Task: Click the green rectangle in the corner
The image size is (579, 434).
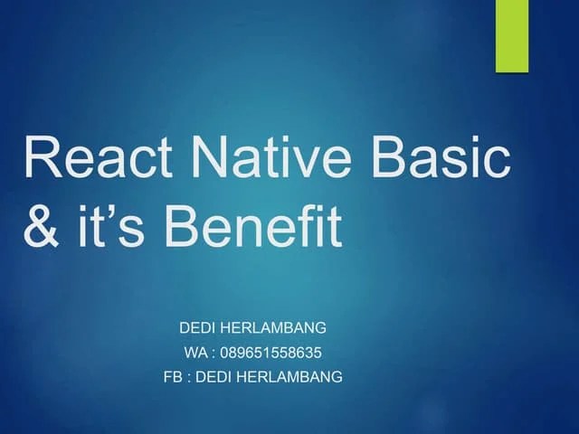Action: [x=511, y=35]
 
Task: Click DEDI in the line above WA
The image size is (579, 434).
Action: [x=198, y=326]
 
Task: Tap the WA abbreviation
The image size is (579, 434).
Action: [x=196, y=352]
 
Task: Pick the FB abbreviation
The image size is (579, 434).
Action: [x=173, y=377]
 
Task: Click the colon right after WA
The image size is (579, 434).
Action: [x=214, y=353]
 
